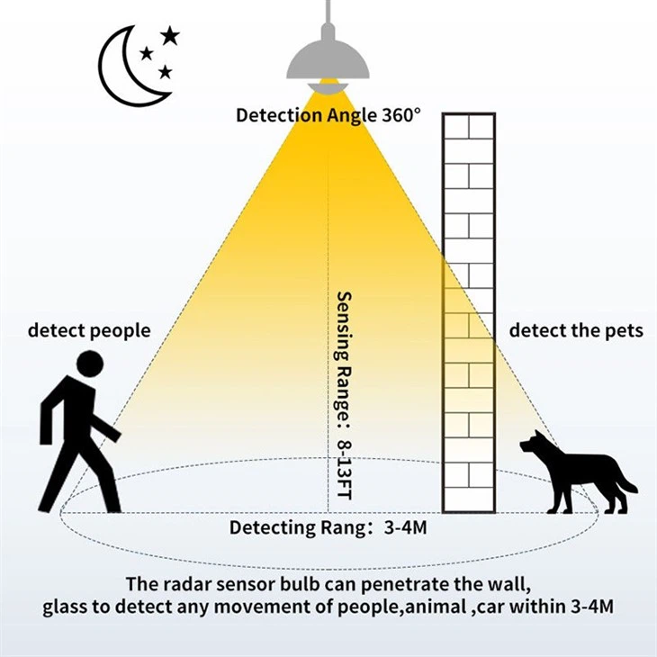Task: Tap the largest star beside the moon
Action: pyautogui.click(x=170, y=36)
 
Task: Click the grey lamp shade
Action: pyautogui.click(x=328, y=59)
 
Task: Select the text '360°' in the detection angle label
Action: pyautogui.click(x=400, y=115)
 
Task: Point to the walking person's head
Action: pyautogui.click(x=90, y=364)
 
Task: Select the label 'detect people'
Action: pyautogui.click(x=89, y=330)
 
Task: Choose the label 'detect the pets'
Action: pyautogui.click(x=576, y=330)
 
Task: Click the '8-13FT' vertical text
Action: pyautogui.click(x=344, y=470)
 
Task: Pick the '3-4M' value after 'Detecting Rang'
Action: pyautogui.click(x=406, y=527)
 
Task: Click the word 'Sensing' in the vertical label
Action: pyautogui.click(x=344, y=326)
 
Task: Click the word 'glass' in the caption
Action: pyautogui.click(x=64, y=607)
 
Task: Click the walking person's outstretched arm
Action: pyautogui.click(x=104, y=427)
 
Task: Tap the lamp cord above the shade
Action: pyautogui.click(x=328, y=13)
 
